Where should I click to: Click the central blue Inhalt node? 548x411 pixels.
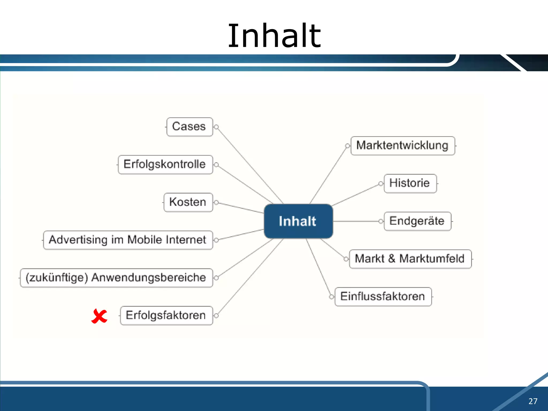[298, 221]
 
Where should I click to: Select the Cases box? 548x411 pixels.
[189, 127]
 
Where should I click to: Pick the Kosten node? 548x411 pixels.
[188, 202]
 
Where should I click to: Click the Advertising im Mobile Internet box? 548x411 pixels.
[128, 240]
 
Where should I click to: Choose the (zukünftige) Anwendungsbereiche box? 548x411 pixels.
[116, 278]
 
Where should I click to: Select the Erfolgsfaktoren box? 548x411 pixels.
[166, 315]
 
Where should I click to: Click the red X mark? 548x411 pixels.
[99, 316]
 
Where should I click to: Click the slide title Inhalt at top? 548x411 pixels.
[274, 36]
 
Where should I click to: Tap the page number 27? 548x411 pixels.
[533, 401]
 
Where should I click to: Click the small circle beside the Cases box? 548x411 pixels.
[216, 127]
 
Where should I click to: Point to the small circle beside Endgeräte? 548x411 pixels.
[381, 221]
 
